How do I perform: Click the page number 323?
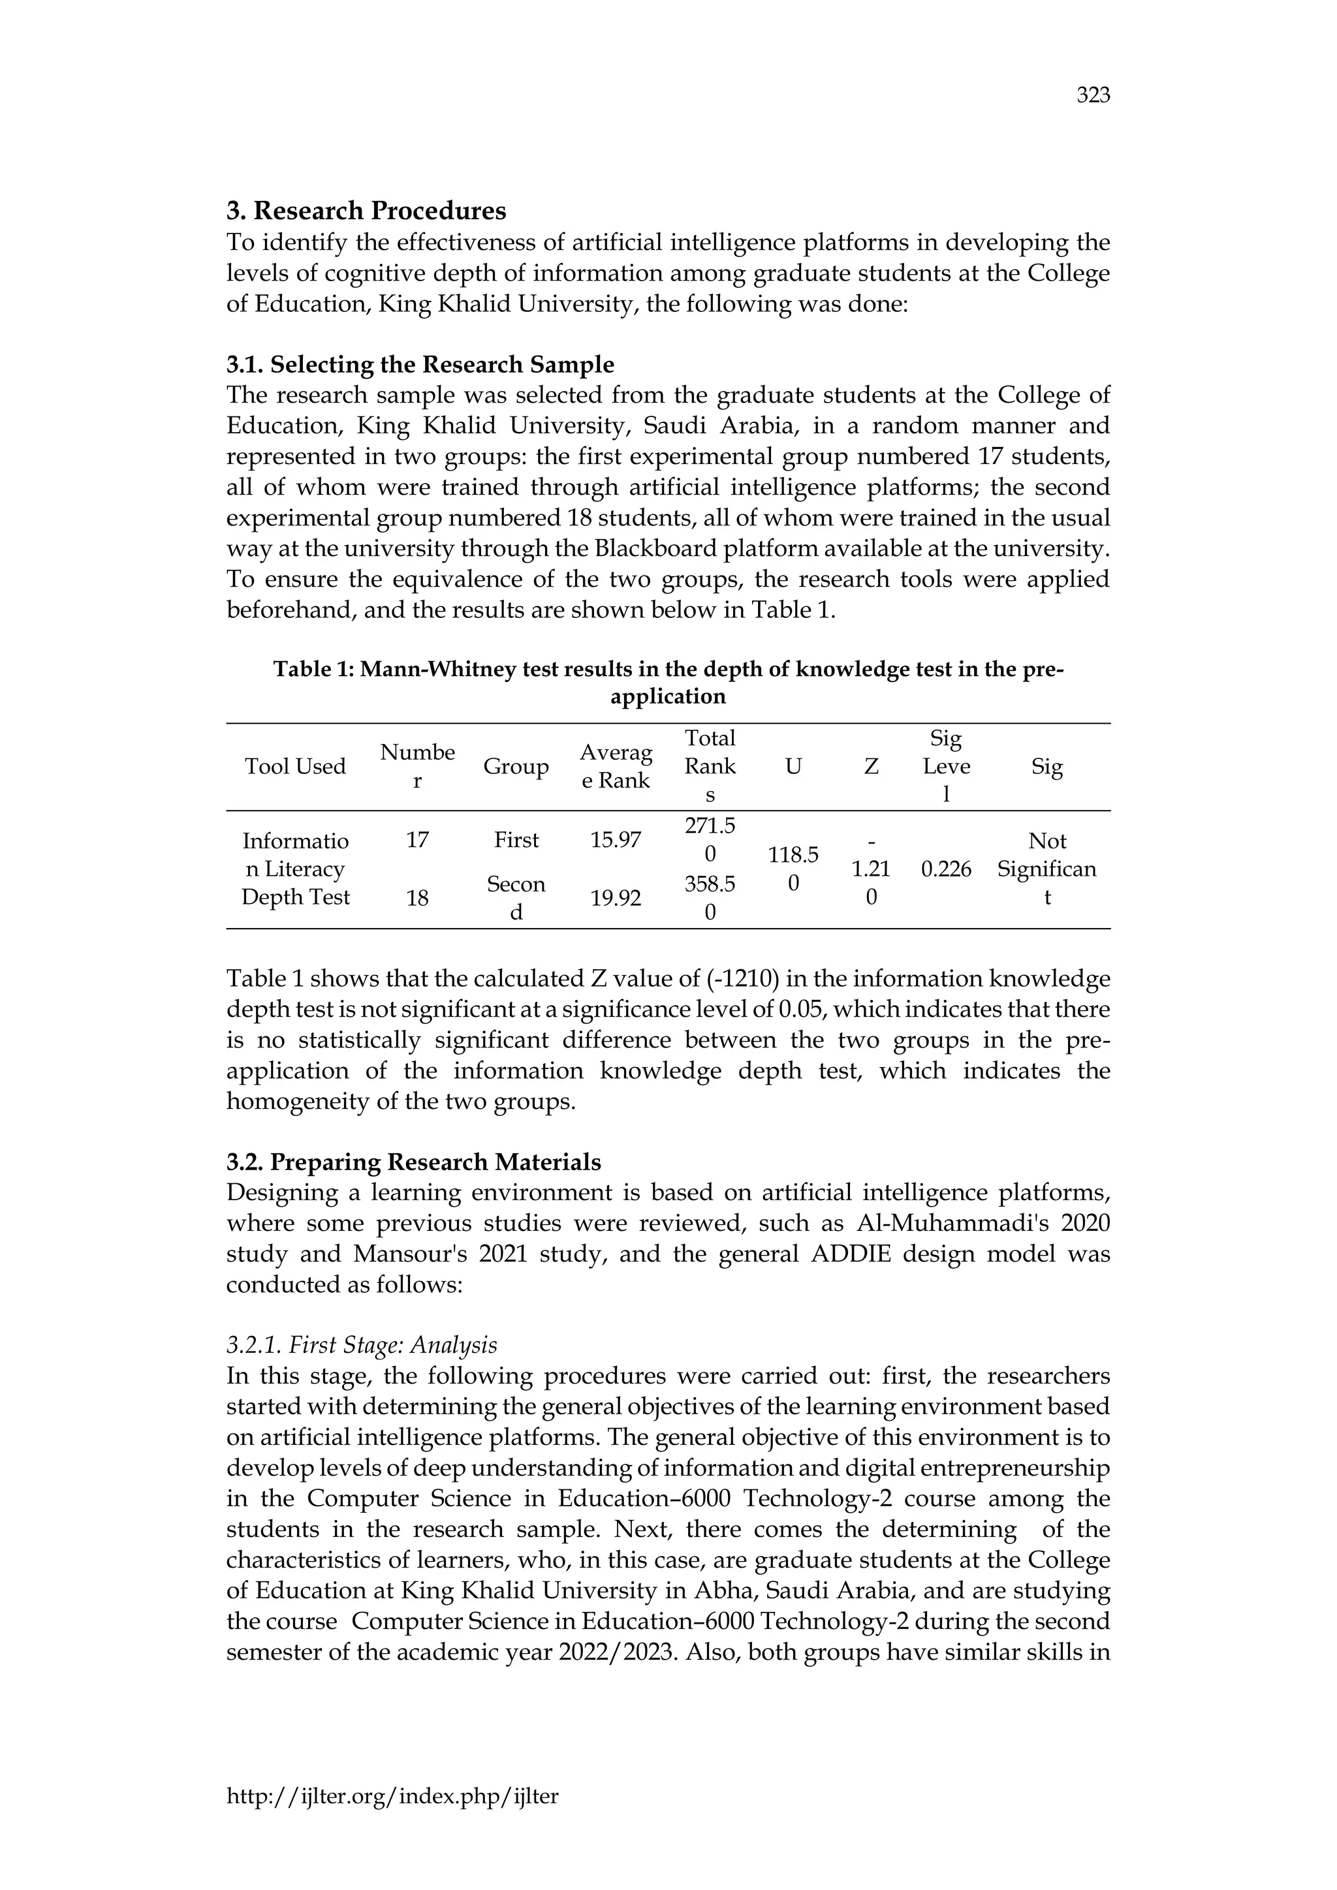pyautogui.click(x=1093, y=97)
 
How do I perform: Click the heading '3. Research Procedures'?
pyautogui.click(x=366, y=211)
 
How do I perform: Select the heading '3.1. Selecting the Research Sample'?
pyautogui.click(x=420, y=364)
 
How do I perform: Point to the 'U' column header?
pyautogui.click(x=793, y=766)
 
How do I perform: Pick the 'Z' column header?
pyautogui.click(x=871, y=766)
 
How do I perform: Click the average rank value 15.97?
pyautogui.click(x=615, y=841)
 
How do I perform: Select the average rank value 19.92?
pyautogui.click(x=615, y=898)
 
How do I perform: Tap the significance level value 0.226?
pyautogui.click(x=946, y=869)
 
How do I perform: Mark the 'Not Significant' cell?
pyautogui.click(x=1046, y=869)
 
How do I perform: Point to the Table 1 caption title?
pyautogui.click(x=668, y=683)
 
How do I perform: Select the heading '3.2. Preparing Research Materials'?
pyautogui.click(x=413, y=1162)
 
